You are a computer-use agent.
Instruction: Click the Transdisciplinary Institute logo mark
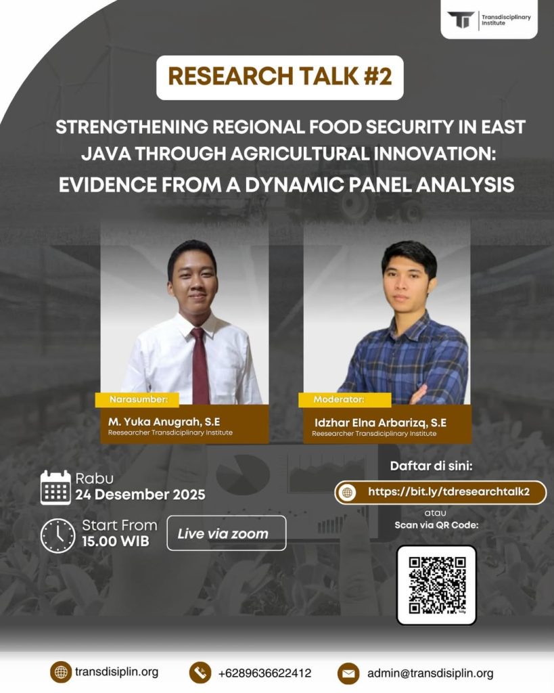[x=461, y=20]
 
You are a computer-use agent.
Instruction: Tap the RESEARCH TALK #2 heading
[x=279, y=76]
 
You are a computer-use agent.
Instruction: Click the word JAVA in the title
[x=106, y=154]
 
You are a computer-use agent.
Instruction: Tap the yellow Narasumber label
[x=137, y=399]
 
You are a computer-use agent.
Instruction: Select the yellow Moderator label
[x=344, y=399]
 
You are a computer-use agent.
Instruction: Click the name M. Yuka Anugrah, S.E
[x=164, y=422]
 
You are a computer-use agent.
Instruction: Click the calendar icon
[x=55, y=487]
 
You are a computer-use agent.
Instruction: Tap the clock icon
[x=58, y=535]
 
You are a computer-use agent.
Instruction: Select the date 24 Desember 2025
[x=140, y=494]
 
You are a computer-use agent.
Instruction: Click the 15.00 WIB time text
[x=116, y=541]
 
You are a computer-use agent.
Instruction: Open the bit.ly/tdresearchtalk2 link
[x=448, y=492]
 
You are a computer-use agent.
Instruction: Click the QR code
[x=436, y=585]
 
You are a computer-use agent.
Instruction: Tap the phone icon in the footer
[x=200, y=673]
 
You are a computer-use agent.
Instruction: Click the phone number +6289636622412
[x=264, y=673]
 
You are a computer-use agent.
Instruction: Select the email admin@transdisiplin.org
[x=430, y=673]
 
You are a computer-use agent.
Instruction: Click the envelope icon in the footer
[x=348, y=673]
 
